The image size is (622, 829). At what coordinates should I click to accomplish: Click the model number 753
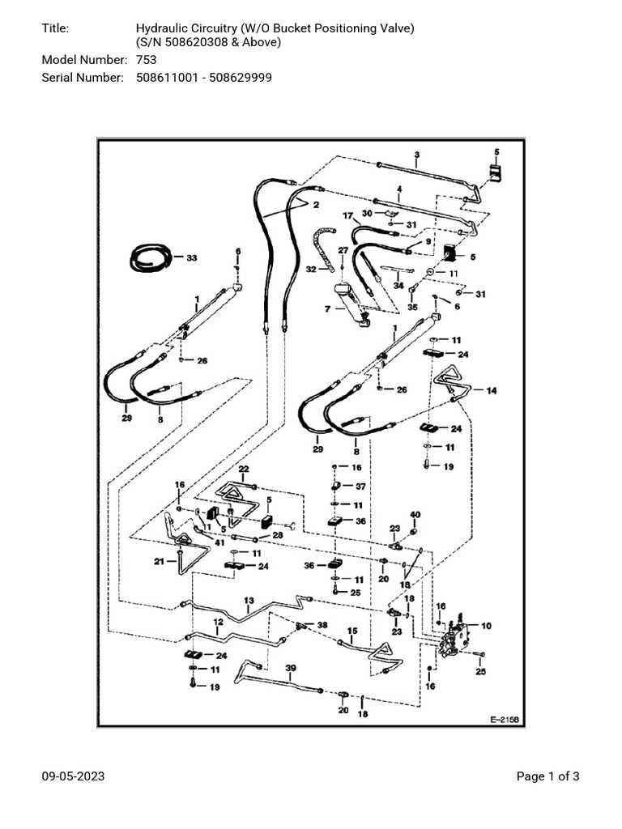tap(146, 60)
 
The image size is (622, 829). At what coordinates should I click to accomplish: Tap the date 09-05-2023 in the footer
tap(73, 776)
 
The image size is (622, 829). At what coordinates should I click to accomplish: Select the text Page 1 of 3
tap(547, 776)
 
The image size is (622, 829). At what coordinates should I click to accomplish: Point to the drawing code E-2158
tap(504, 719)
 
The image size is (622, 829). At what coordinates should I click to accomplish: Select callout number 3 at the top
tap(416, 154)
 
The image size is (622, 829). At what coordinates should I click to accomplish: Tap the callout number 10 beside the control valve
tap(486, 626)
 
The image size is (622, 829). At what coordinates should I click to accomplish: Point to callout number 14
tap(492, 390)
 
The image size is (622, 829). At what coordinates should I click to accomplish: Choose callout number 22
tap(243, 470)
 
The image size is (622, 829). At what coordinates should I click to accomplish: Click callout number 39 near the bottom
tap(291, 669)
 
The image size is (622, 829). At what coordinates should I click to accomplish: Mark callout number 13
tap(249, 600)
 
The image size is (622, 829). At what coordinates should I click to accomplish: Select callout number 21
tap(160, 561)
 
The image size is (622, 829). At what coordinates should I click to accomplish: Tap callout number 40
tap(415, 515)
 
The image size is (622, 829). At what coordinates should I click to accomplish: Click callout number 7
tap(326, 309)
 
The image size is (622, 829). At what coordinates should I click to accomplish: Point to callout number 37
tap(361, 486)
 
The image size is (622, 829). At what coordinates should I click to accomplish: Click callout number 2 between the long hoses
tap(315, 205)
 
